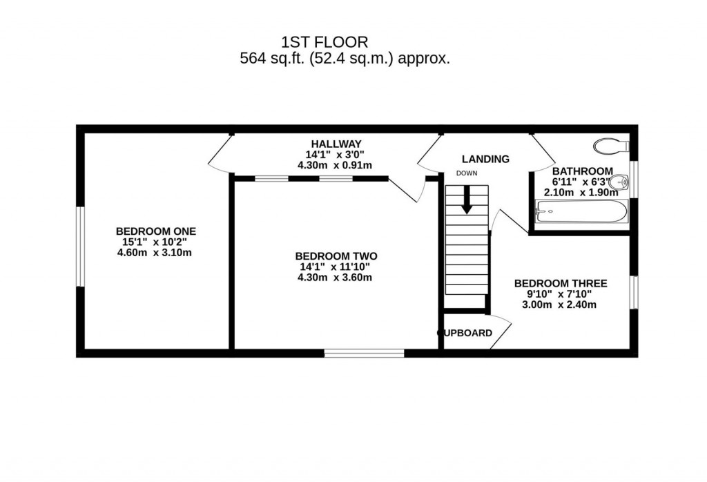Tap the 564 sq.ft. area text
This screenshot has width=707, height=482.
point(345,59)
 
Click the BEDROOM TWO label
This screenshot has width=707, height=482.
point(336,256)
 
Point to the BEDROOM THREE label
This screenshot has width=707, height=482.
point(561,283)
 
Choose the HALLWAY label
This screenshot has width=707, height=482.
point(335,144)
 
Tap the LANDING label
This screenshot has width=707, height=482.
point(485,159)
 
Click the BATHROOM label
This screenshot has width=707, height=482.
point(582,171)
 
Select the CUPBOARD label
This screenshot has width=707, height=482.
point(467,333)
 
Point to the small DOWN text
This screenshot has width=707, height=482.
point(466,173)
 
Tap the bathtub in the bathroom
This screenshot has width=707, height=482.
point(581,211)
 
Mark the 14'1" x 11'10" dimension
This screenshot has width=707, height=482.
point(336,267)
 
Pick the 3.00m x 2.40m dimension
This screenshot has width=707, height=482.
point(560,305)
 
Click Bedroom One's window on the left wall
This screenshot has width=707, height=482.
point(80,247)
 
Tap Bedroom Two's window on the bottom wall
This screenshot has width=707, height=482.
point(364,353)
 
